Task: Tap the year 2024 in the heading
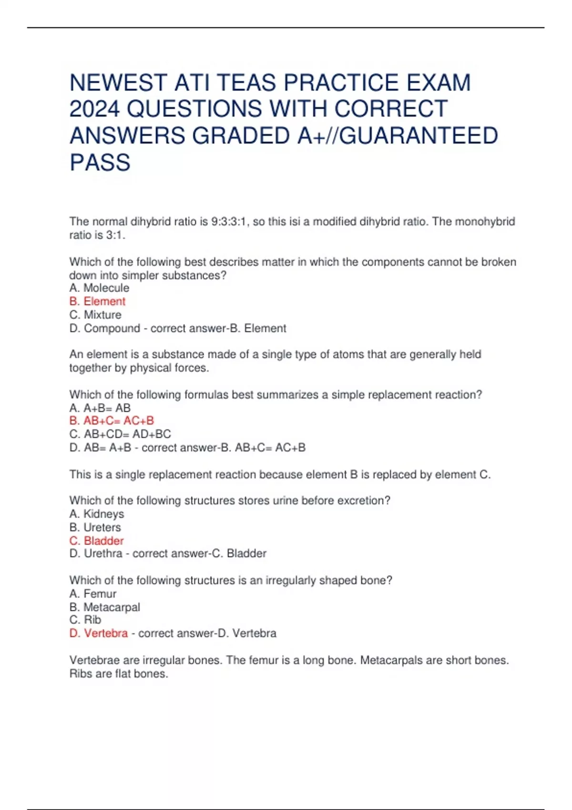[x=94, y=109]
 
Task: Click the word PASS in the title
[x=100, y=162]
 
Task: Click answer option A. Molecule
[x=99, y=288]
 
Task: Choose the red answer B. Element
[x=97, y=301]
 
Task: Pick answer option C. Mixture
[x=95, y=314]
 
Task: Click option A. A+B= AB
[x=100, y=408]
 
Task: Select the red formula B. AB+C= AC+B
[x=112, y=421]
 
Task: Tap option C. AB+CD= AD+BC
[x=120, y=434]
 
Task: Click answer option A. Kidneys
[x=97, y=514]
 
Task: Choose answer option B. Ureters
[x=95, y=527]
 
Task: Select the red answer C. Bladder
[x=96, y=540]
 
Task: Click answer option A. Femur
[x=93, y=594]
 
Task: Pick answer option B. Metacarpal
[x=105, y=607]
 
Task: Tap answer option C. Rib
[x=85, y=619]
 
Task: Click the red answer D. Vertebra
[x=99, y=633]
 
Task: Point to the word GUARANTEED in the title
[x=419, y=136]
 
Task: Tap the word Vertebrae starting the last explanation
[x=94, y=660]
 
